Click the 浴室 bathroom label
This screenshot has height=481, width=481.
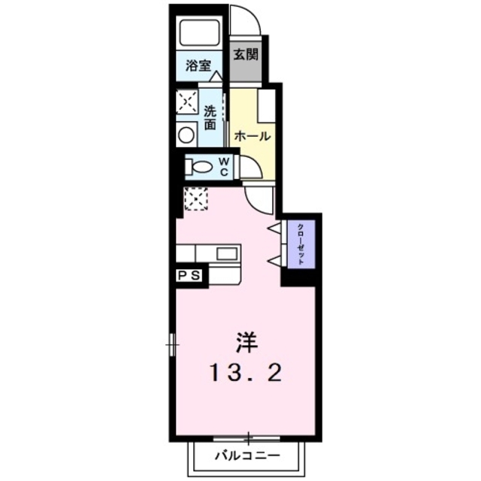pos(199,65)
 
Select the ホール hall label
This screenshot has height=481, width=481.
pos(251,136)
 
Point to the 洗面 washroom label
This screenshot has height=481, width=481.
pos(211,116)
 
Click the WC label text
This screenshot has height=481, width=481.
pos(224,166)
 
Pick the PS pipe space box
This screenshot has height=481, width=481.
pos(190,276)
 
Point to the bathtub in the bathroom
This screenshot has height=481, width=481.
pos(199,34)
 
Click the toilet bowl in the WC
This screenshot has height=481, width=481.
pos(197,166)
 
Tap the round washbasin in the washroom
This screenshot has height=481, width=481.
pos(186,135)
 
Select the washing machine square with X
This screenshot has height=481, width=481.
pos(186,101)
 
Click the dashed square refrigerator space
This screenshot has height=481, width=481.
pos(195,200)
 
